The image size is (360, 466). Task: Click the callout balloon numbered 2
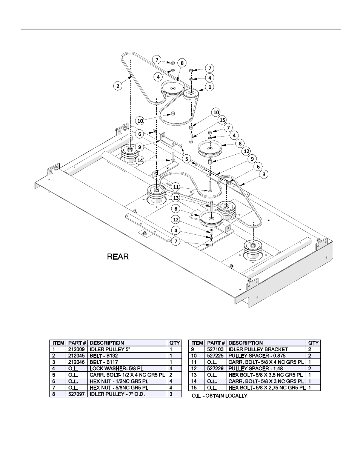point(118,86)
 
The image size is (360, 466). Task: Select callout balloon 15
point(222,120)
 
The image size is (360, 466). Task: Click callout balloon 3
point(264,174)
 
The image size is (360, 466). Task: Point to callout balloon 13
point(176,198)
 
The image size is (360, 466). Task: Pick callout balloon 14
point(140,160)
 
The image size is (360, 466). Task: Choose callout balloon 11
point(176,186)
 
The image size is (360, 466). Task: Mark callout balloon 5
point(186,159)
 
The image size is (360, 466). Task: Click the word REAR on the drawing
point(118,257)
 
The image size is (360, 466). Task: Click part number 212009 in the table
point(77,349)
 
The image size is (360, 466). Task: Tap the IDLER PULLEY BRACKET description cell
point(258,349)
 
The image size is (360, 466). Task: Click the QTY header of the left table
point(174,343)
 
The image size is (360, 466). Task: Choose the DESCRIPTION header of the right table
point(246,343)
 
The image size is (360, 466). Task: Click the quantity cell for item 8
point(174,394)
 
